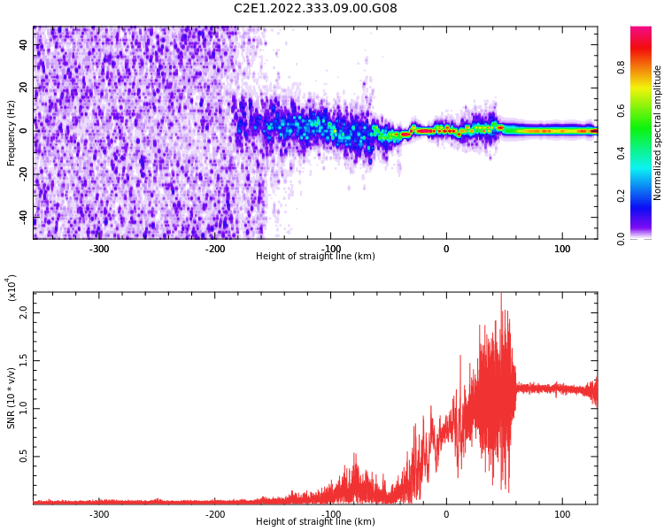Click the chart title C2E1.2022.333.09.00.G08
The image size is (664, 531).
pos(315,9)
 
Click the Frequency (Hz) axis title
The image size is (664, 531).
pos(12,133)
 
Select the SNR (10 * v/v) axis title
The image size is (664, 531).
pos(12,398)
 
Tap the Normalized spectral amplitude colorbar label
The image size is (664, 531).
pos(658,133)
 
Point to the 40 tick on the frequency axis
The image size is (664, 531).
pos(24,45)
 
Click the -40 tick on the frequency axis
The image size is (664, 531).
pos(22,217)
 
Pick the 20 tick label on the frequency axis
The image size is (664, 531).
pos(24,88)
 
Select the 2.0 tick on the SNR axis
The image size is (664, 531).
pos(24,312)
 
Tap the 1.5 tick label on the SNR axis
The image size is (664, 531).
pos(24,360)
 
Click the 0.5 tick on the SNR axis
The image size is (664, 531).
pos(24,457)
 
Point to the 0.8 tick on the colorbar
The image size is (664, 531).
pos(622,65)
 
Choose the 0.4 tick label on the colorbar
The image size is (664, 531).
pos(622,152)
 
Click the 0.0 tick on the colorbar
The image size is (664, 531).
pos(622,237)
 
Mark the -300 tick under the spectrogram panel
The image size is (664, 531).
pos(99,249)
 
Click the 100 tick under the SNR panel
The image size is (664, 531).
pos(562,514)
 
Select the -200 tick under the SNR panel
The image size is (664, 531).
pos(215,514)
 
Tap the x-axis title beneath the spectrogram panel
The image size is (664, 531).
pos(315,257)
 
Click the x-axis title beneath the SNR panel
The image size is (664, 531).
pos(315,522)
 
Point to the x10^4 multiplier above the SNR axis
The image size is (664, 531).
pos(12,287)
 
